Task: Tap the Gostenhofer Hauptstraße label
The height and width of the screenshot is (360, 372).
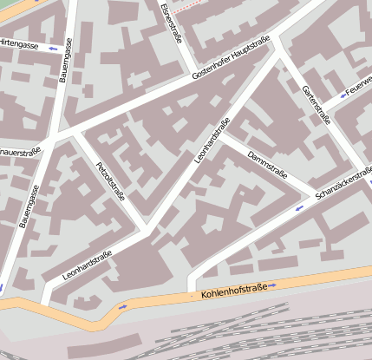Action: [231, 59]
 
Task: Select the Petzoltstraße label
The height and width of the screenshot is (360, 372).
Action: [110, 180]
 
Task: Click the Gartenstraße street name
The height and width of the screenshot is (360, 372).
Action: [317, 104]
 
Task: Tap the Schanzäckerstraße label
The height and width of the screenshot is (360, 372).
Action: [344, 186]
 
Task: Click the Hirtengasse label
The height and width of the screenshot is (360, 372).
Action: [19, 43]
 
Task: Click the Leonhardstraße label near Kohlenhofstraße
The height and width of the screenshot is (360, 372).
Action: [87, 265]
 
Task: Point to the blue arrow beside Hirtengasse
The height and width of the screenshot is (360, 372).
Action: [53, 48]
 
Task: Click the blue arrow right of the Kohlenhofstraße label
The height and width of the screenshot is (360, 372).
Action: [272, 285]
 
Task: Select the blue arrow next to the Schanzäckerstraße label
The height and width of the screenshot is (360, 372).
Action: [299, 208]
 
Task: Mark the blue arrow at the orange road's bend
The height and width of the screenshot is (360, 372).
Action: [121, 307]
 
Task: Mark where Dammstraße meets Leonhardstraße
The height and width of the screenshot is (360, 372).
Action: [224, 135]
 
